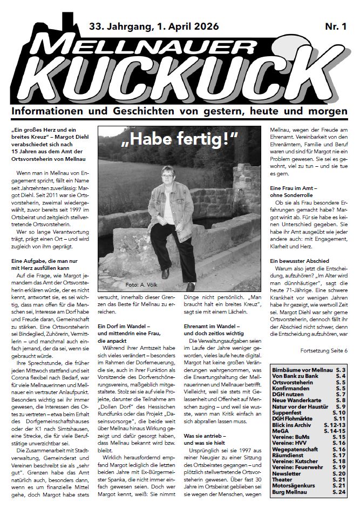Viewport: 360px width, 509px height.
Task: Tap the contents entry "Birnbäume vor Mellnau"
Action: click(x=302, y=370)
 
